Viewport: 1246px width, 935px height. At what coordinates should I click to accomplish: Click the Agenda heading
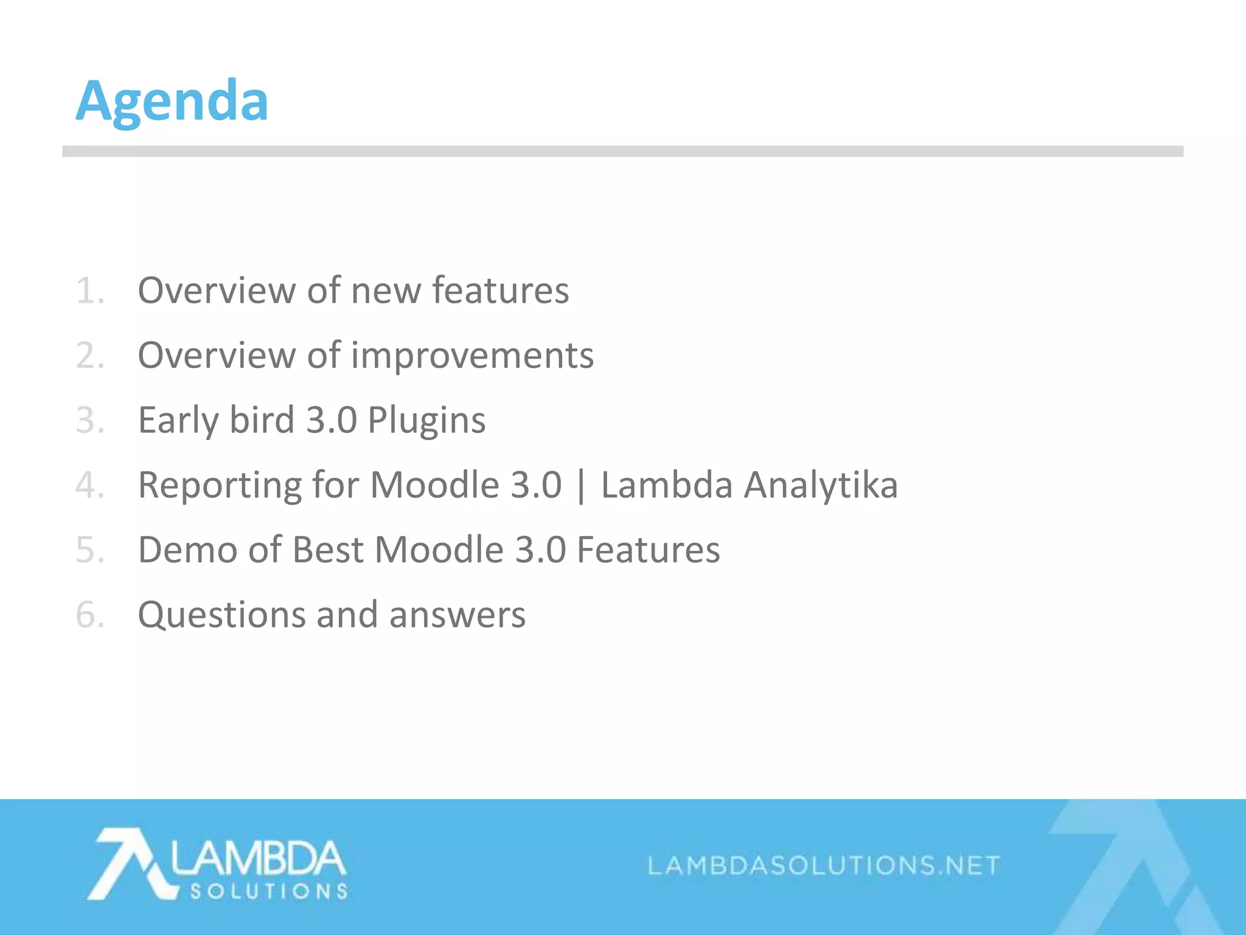[172, 101]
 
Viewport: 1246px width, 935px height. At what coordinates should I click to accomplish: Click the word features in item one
[500, 290]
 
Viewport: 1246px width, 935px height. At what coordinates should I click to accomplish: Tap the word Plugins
[426, 420]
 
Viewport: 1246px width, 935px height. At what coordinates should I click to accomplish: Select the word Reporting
[220, 485]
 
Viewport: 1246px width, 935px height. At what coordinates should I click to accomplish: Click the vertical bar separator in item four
[582, 485]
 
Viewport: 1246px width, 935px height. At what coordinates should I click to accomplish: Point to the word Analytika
[821, 485]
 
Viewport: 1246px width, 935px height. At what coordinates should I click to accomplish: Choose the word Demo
[187, 550]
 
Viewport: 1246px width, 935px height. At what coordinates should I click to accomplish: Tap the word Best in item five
[328, 550]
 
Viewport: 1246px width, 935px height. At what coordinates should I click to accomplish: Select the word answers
[457, 615]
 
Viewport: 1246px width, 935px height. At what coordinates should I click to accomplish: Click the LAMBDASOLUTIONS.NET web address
[823, 865]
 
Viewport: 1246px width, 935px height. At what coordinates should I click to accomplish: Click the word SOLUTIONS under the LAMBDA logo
[269, 892]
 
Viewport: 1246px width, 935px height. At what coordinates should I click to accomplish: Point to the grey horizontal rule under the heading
[622, 152]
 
